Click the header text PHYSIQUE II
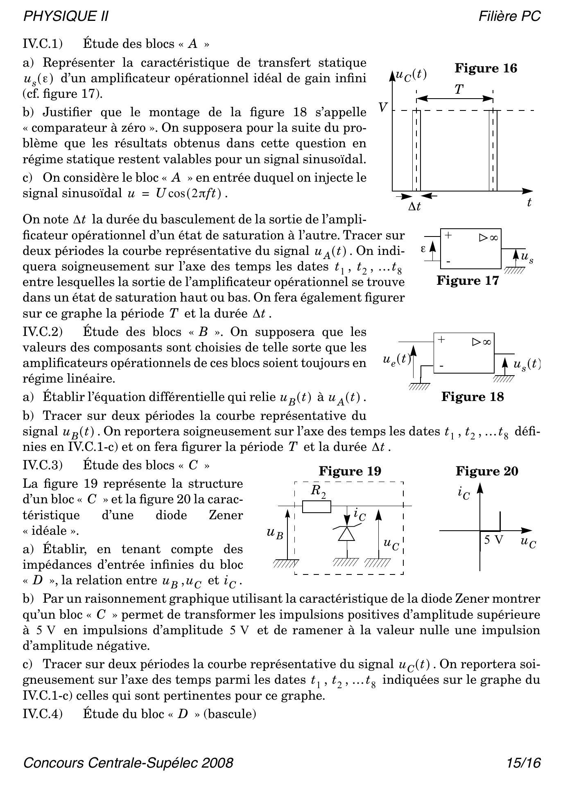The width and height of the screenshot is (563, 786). tap(66, 16)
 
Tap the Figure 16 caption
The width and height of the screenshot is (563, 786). tap(486, 68)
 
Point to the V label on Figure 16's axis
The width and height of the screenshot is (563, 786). tap(382, 108)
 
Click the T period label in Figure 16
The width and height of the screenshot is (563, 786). tap(459, 90)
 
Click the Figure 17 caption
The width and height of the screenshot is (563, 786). tap(468, 281)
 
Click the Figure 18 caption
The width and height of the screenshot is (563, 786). tap(473, 397)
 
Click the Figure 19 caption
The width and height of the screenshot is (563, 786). tap(350, 471)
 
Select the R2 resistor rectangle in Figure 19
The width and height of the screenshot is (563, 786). tap(317, 507)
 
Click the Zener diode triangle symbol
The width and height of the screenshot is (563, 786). tap(346, 534)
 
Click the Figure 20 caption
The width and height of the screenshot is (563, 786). tap(487, 471)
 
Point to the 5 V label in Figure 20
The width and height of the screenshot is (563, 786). tap(493, 540)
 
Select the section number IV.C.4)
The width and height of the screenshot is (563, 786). tap(43, 714)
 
